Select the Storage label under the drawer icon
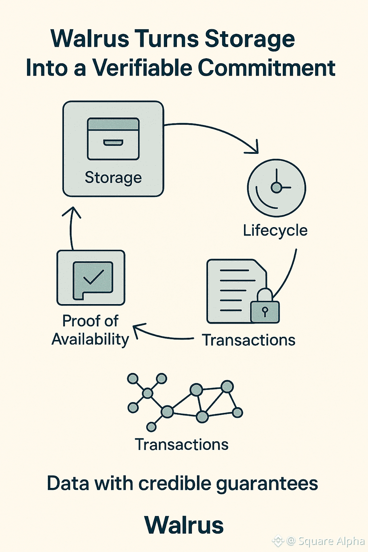113,178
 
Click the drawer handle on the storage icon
113,143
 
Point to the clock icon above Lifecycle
276,187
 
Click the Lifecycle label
275,230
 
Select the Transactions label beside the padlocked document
248,340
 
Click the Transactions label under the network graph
181,444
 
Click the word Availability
90,340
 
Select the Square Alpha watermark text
331,541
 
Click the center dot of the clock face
276,188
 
